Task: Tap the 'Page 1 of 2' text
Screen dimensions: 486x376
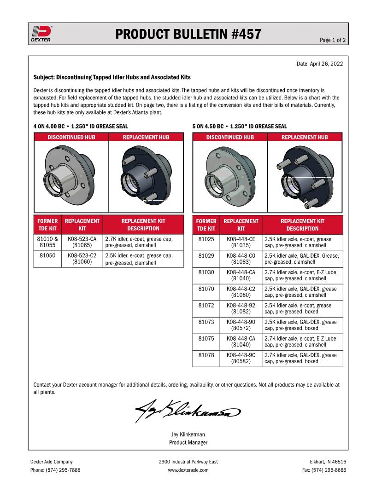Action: coord(333,40)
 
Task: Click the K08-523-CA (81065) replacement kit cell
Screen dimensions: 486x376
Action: coord(82,243)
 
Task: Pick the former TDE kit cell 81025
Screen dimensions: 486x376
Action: coord(206,239)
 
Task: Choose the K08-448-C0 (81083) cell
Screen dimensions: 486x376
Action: coord(241,259)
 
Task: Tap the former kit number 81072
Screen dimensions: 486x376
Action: coord(206,305)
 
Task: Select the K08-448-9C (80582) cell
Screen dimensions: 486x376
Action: coord(241,358)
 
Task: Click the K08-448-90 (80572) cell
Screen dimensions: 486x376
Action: coord(241,325)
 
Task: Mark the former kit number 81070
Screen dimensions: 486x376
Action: coord(206,289)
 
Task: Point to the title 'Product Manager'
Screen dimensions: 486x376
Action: coord(188,442)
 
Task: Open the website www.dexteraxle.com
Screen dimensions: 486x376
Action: coord(188,470)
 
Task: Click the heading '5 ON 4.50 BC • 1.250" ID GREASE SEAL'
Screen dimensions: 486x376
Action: coord(240,126)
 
